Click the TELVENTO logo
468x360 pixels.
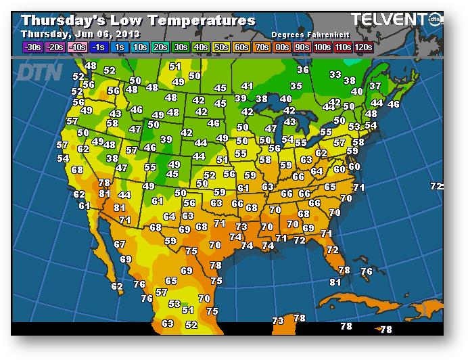tap(390, 20)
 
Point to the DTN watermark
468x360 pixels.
tap(39, 71)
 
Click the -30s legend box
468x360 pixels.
tap(31, 47)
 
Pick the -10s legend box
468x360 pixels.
tap(78, 47)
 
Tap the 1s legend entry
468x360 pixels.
tap(119, 47)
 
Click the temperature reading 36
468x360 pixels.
tap(303, 70)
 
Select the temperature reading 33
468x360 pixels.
tap(335, 74)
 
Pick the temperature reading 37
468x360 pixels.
tap(375, 87)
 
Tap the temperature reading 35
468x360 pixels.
tap(296, 86)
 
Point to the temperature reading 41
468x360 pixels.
tap(247, 87)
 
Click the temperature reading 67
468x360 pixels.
tap(120, 245)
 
